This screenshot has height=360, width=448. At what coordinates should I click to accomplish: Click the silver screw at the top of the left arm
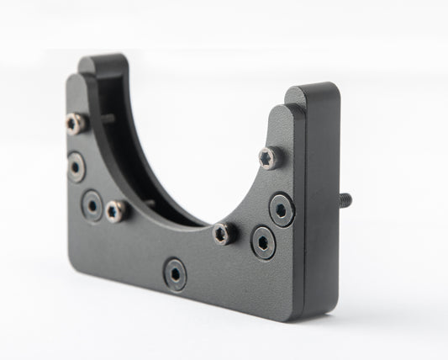[x=74, y=124]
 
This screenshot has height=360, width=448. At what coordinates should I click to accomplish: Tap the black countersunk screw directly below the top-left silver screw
[x=76, y=166]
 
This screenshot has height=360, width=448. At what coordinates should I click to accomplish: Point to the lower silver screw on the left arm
[x=116, y=210]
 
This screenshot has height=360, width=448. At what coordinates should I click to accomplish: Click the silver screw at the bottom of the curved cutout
[x=223, y=234]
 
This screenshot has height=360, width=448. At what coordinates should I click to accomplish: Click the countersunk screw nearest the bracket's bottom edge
[x=175, y=274]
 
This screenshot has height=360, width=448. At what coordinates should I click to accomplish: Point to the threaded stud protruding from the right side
[x=345, y=199]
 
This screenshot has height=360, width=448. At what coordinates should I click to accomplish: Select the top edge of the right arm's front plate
[x=282, y=108]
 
